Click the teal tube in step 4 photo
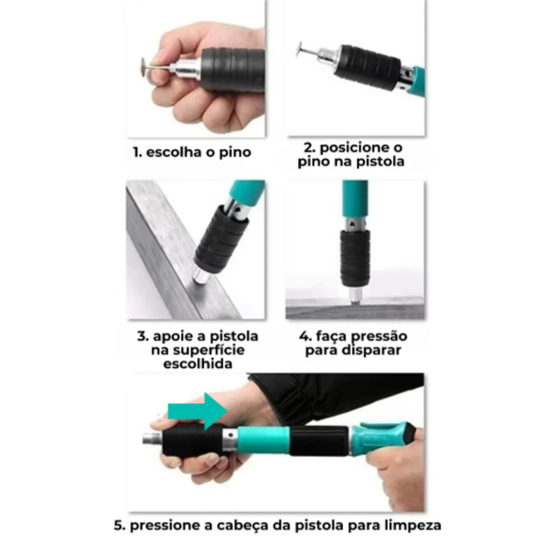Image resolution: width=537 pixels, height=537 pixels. pos(354,198)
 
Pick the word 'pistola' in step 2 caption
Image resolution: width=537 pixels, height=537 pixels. pos(381,162)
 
